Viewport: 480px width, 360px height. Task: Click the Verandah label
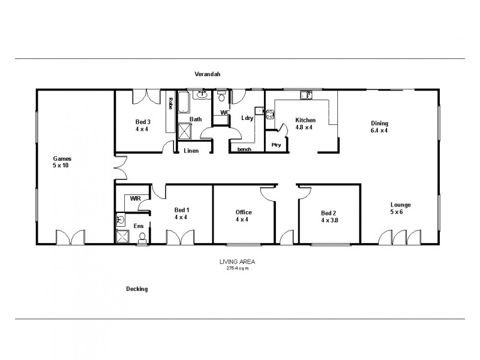pyautogui.click(x=208, y=74)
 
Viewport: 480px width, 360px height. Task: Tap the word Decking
pyautogui.click(x=137, y=289)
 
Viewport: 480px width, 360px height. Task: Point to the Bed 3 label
pyautogui.click(x=143, y=122)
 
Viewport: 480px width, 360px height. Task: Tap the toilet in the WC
pyautogui.click(x=221, y=98)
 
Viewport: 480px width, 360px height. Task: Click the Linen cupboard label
pyautogui.click(x=191, y=150)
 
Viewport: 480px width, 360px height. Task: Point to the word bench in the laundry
pyautogui.click(x=244, y=149)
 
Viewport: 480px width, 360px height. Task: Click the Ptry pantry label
pyautogui.click(x=277, y=145)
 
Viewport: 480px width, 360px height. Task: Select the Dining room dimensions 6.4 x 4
pyautogui.click(x=379, y=131)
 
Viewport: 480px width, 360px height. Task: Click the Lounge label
pyautogui.click(x=400, y=205)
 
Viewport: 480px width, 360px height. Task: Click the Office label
pyautogui.click(x=244, y=212)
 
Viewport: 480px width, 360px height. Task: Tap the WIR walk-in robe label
pyautogui.click(x=136, y=198)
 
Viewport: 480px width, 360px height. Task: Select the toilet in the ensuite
pyautogui.click(x=142, y=238)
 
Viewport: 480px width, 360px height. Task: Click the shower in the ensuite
pyautogui.click(x=122, y=236)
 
